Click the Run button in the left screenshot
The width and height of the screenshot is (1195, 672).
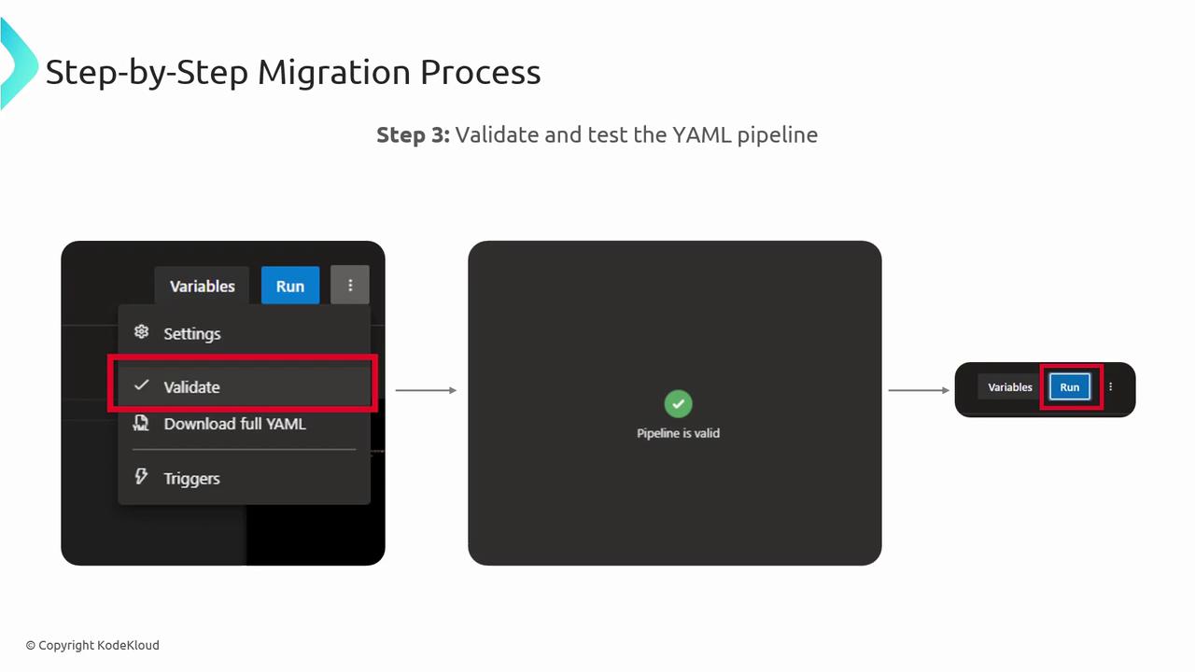tap(290, 286)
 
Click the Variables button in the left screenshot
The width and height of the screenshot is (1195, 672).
tap(203, 286)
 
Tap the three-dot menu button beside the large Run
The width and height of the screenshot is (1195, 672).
tap(350, 285)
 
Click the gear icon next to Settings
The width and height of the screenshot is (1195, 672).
tap(141, 331)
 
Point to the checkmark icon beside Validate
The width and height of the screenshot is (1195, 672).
tap(141, 385)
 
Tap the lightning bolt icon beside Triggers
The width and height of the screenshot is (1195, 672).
tap(141, 476)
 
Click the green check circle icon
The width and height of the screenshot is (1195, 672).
tap(678, 404)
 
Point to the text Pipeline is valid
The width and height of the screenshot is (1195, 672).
tap(678, 433)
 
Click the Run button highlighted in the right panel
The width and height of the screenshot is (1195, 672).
tap(1070, 386)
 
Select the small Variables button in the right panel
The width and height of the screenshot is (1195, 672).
tap(1010, 387)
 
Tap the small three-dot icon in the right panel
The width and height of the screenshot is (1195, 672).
tap(1111, 386)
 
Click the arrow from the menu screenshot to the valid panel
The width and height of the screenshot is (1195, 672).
tap(426, 390)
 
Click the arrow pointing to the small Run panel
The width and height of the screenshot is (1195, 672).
tap(919, 390)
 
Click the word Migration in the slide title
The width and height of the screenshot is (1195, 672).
tap(334, 73)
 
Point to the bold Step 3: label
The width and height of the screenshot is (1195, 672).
tap(414, 135)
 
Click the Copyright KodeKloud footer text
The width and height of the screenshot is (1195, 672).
tap(92, 645)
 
